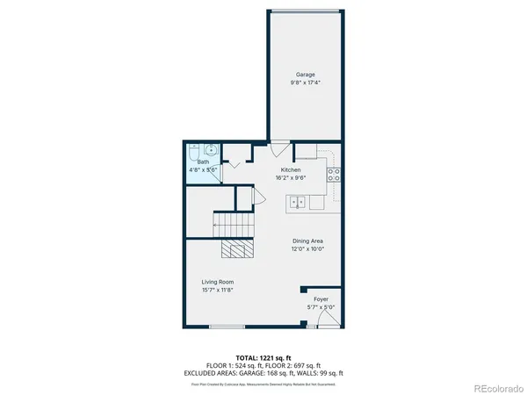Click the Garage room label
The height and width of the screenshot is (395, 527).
(x=305, y=75)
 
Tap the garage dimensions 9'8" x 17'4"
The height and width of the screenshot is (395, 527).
(x=305, y=83)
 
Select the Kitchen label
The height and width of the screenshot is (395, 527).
(x=291, y=169)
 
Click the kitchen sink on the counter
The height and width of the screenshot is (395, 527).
(x=298, y=202)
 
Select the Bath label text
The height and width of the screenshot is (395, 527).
(x=203, y=162)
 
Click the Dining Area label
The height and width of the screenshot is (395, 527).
(x=308, y=240)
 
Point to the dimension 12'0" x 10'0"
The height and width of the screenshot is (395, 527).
(x=308, y=248)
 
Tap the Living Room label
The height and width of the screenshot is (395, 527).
(x=217, y=281)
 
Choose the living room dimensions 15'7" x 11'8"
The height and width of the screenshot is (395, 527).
(x=217, y=290)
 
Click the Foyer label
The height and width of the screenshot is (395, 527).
(x=322, y=299)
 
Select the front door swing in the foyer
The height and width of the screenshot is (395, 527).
(x=326, y=320)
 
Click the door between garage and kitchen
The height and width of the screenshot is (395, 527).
(x=279, y=147)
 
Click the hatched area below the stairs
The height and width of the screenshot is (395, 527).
(x=236, y=250)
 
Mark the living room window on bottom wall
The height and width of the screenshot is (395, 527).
(x=227, y=327)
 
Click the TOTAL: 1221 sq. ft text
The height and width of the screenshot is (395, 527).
(x=263, y=359)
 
